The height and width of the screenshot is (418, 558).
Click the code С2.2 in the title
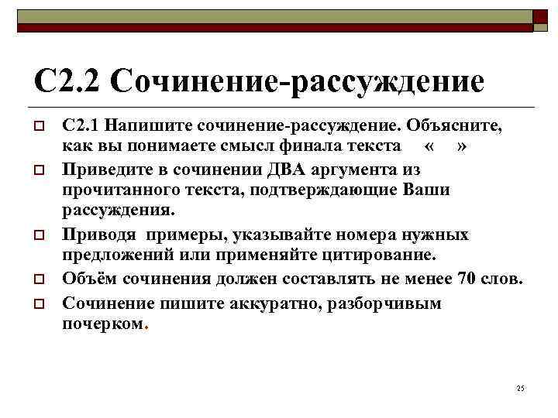[67, 80]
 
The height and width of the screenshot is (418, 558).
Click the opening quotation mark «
[429, 146]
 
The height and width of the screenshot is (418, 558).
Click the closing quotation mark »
[462, 146]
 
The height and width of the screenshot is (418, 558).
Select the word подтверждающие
[311, 190]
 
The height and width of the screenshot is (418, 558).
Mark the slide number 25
[520, 388]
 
